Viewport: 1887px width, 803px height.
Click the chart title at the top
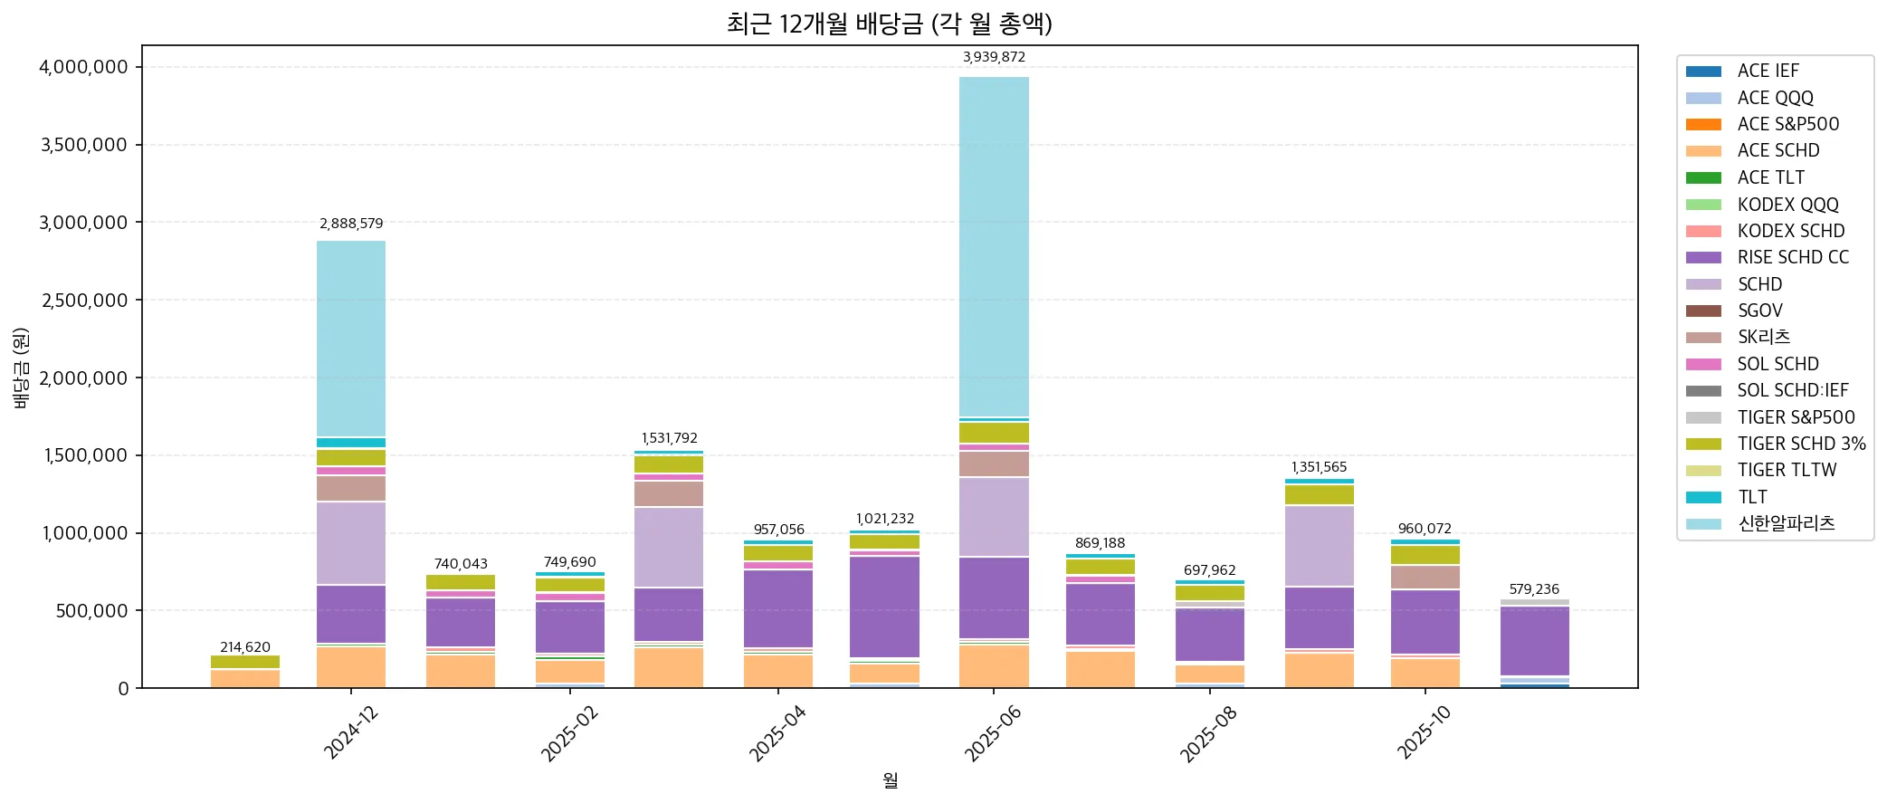click(x=889, y=24)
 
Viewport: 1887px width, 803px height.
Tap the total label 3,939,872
click(x=994, y=57)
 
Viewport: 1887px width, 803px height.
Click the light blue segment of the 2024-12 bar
click(x=351, y=339)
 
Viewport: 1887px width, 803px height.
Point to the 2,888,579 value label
click(x=351, y=224)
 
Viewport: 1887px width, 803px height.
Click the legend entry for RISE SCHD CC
click(x=1792, y=257)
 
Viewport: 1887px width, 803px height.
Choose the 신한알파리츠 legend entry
click(x=1786, y=523)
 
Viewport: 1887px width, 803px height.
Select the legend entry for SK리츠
click(x=1763, y=337)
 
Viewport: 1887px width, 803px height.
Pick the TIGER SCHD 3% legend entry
click(x=1801, y=444)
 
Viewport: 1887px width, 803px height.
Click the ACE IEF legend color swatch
click(x=1703, y=71)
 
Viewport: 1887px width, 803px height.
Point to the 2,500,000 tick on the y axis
click(x=83, y=301)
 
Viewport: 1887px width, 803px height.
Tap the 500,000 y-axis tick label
click(x=91, y=611)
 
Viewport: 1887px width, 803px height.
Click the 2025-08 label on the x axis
click(x=1209, y=733)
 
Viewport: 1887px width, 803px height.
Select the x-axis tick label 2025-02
click(x=568, y=733)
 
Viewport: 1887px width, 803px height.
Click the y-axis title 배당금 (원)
click(x=22, y=368)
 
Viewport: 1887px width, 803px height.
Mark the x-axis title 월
click(x=890, y=780)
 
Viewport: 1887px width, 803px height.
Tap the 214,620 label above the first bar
click(x=245, y=647)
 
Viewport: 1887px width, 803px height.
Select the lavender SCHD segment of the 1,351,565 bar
click(x=1319, y=546)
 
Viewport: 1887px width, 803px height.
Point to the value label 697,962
click(x=1209, y=570)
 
